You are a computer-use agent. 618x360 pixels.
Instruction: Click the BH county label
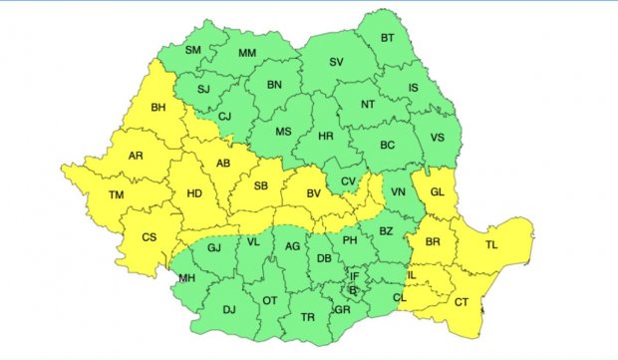[157, 108]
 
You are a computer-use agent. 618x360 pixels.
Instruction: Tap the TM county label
[117, 194]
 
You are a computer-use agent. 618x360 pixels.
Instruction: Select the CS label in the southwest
[150, 237]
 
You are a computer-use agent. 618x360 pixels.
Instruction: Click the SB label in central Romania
[261, 186]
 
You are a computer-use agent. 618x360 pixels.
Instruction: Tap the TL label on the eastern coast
[491, 244]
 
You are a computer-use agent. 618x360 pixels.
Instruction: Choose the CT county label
[461, 302]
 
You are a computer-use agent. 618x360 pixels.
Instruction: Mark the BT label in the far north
[389, 39]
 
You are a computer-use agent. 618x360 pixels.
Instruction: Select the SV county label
[336, 62]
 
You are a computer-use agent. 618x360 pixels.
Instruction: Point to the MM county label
[246, 53]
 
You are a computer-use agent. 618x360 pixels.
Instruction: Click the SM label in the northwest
[193, 51]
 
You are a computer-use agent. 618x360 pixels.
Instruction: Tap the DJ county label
[228, 309]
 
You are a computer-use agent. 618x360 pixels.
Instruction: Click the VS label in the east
[436, 137]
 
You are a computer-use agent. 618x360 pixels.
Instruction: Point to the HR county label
[325, 137]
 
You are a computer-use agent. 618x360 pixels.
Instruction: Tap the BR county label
[434, 242]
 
